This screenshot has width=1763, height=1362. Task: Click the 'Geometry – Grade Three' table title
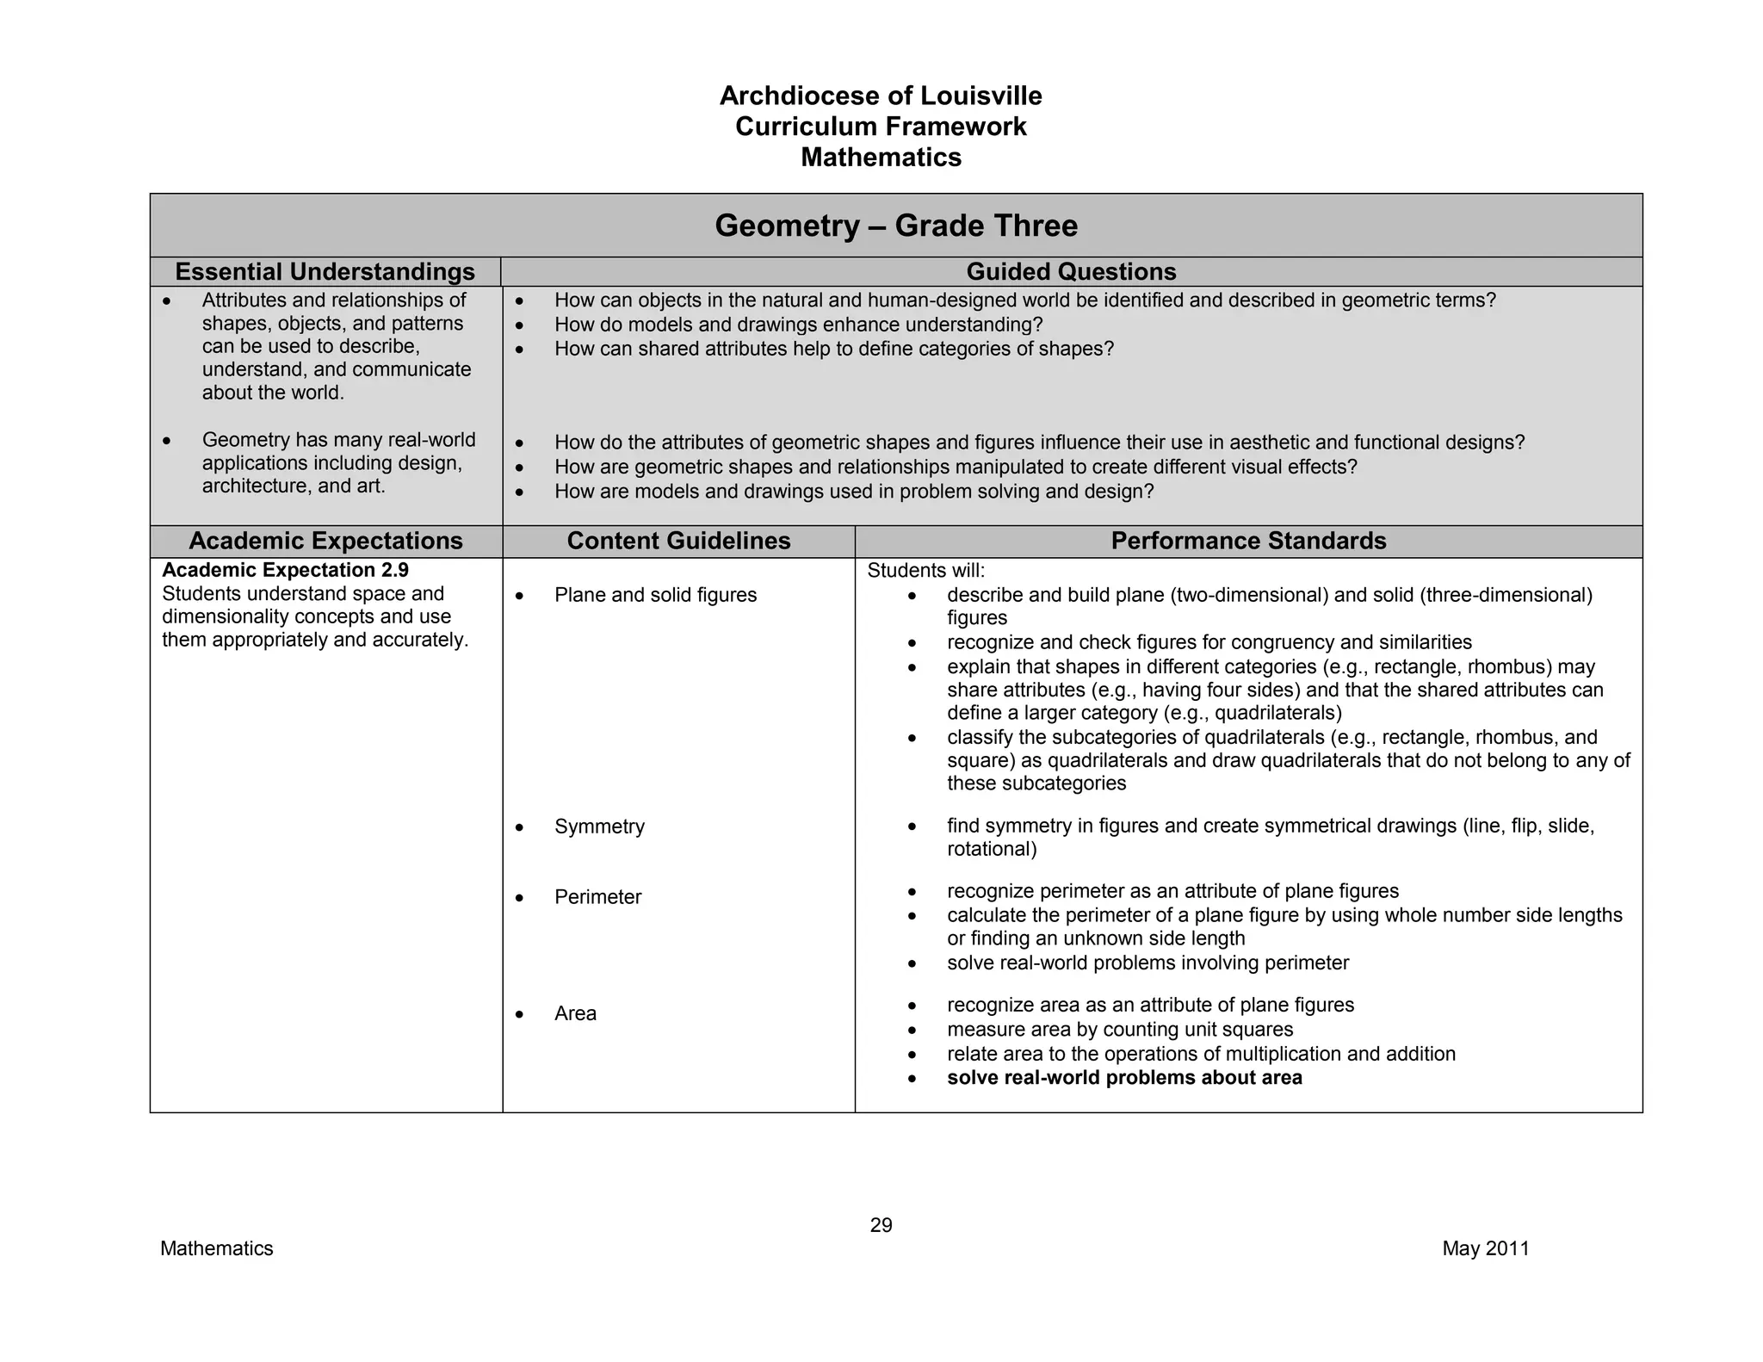[895, 226]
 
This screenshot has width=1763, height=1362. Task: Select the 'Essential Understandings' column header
[325, 272]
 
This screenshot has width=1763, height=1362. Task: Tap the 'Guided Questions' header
[1071, 272]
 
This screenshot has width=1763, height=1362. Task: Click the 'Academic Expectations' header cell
[325, 541]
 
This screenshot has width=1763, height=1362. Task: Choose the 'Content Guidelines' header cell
[678, 541]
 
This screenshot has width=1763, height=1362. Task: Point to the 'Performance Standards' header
[1248, 541]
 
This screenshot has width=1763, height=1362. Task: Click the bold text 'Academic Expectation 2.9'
[285, 570]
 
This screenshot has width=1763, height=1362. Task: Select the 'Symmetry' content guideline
[599, 826]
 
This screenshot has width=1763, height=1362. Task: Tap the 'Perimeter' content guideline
[597, 897]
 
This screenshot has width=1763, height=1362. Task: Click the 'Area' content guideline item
[575, 1013]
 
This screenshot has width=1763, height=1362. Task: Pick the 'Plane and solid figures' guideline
[655, 595]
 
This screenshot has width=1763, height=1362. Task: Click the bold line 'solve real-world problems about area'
[1124, 1078]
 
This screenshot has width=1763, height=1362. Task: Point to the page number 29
[881, 1225]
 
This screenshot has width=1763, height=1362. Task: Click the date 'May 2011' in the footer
[1486, 1248]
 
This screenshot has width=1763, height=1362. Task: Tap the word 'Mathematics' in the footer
[216, 1248]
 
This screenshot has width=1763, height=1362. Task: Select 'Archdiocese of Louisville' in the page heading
[881, 96]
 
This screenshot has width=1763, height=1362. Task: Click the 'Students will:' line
[925, 571]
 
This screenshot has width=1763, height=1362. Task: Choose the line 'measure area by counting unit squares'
[1120, 1030]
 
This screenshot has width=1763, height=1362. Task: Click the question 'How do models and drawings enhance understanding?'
[798, 325]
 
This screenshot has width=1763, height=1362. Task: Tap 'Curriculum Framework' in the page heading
[881, 127]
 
